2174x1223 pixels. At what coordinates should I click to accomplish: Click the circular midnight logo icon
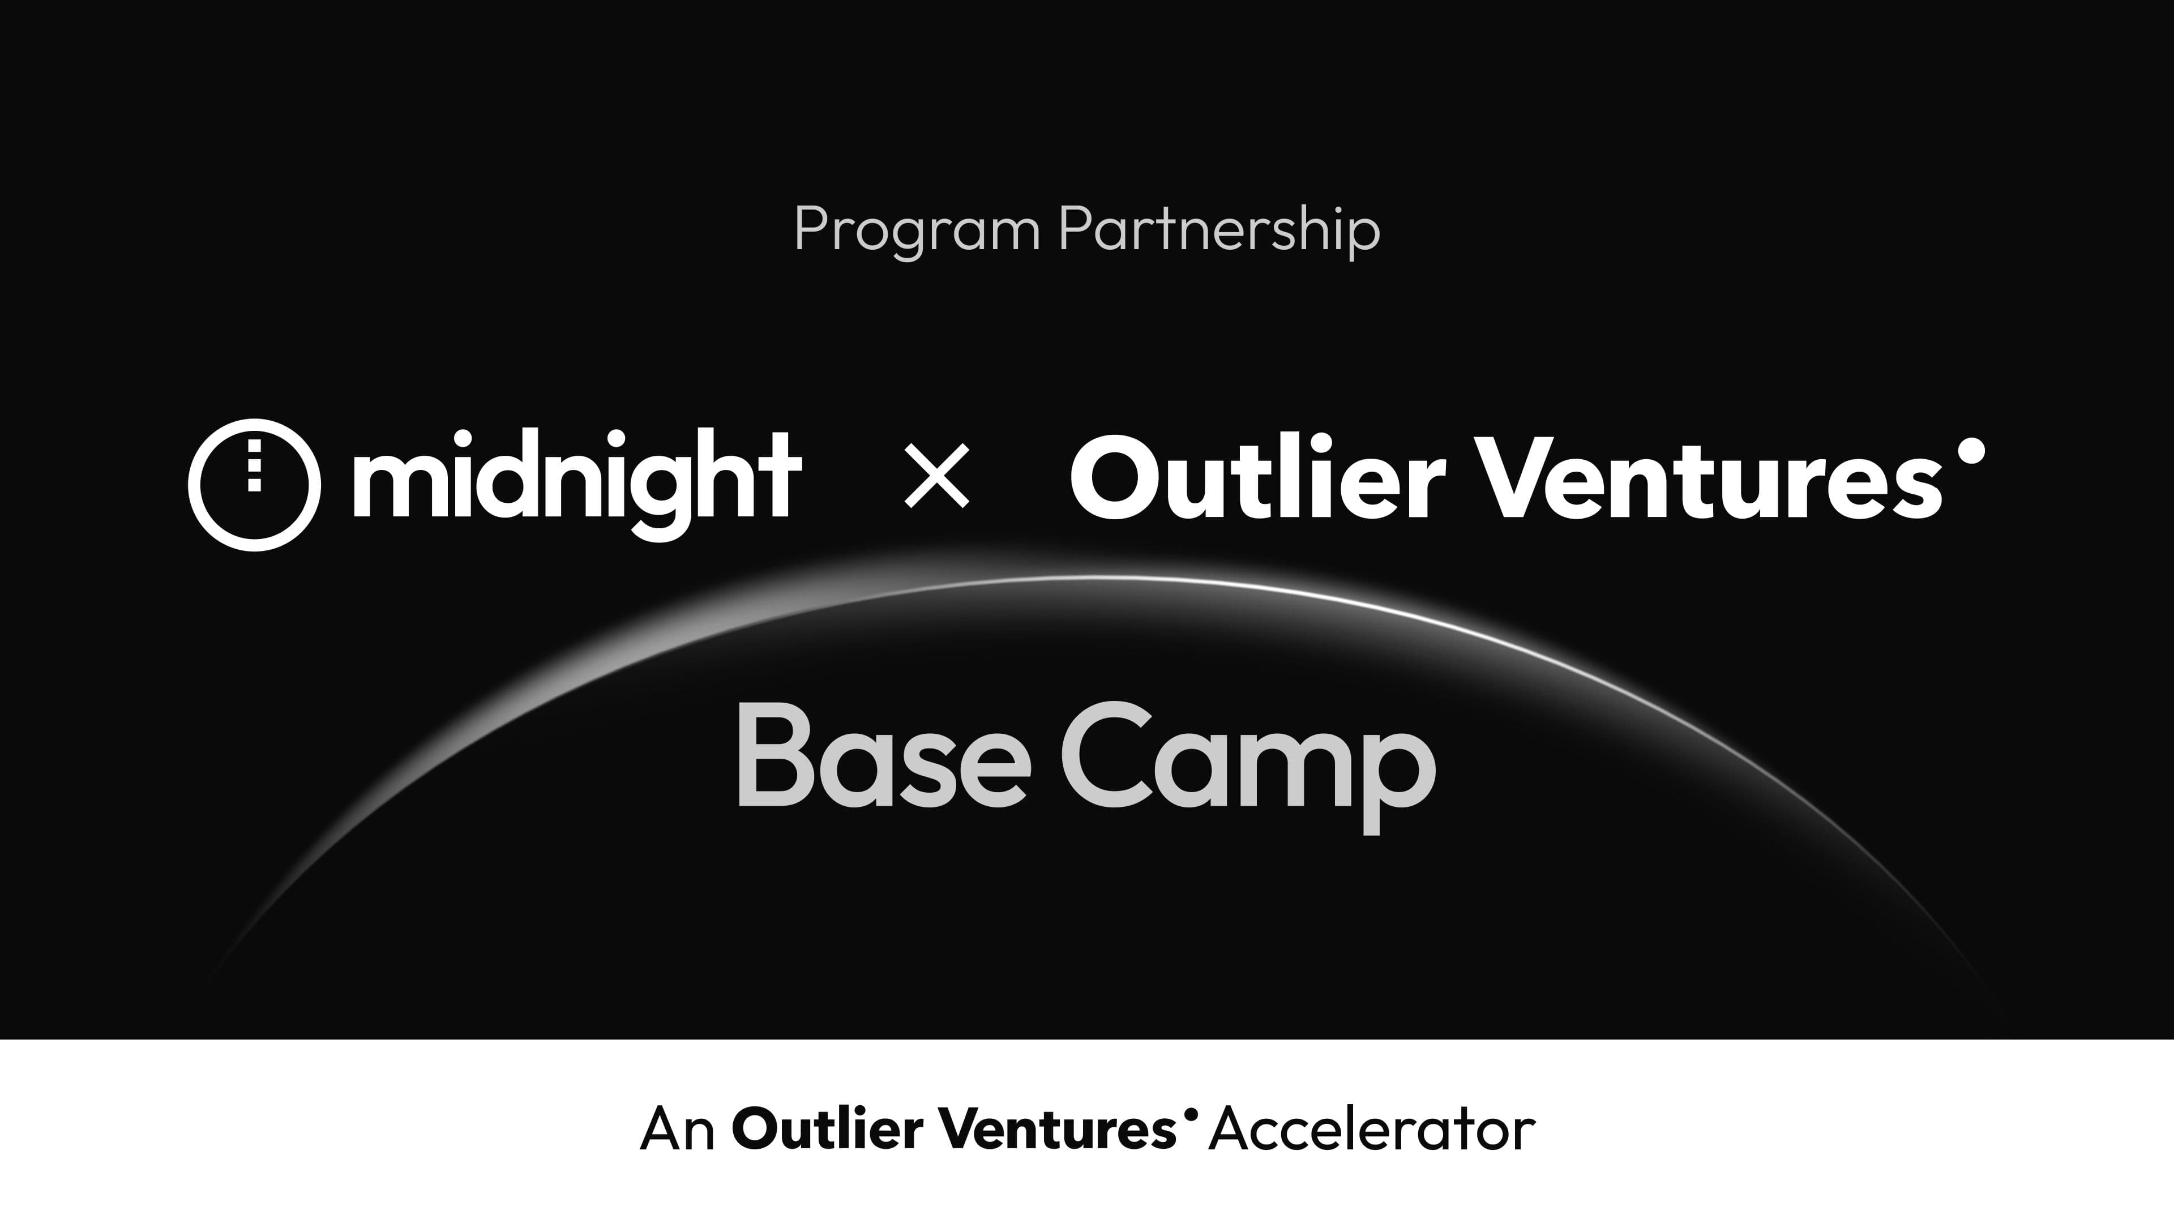coord(254,485)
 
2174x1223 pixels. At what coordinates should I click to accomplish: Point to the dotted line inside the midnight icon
coord(254,464)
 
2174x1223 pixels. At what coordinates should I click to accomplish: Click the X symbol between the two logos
coord(937,477)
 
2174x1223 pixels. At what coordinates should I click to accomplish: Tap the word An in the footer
coord(678,1128)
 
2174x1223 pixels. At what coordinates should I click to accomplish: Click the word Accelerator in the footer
coord(1371,1128)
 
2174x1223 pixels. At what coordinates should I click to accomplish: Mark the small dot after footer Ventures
coord(1191,1114)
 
